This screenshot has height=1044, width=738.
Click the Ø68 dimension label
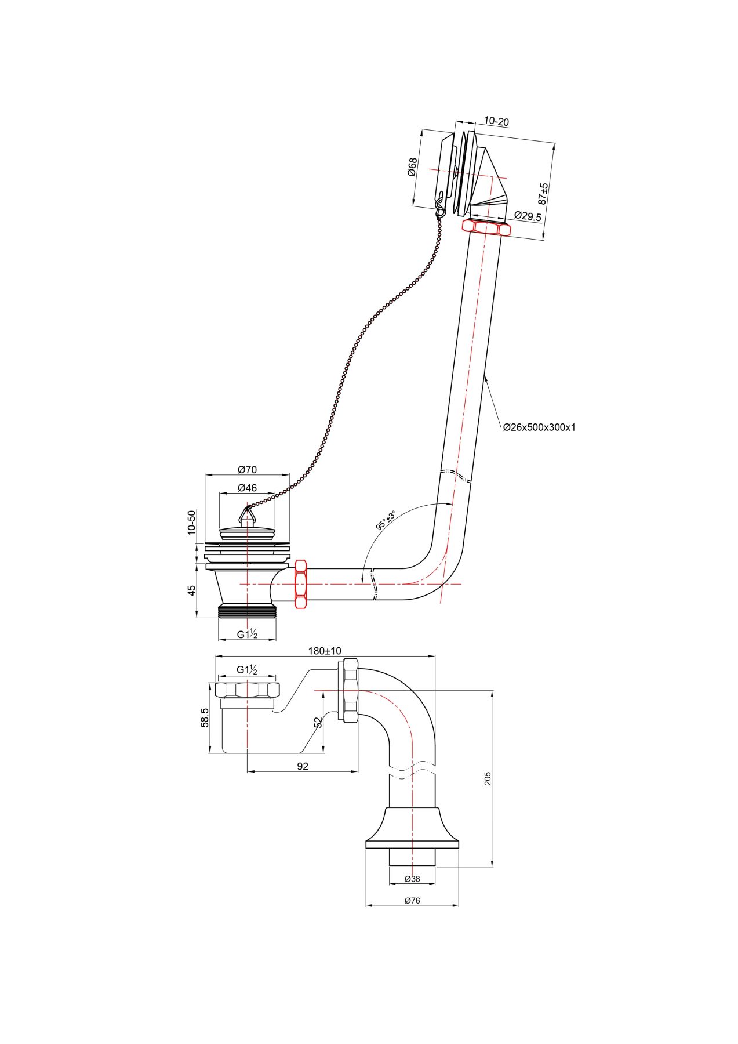tap(412, 168)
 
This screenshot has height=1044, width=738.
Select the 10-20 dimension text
tap(496, 122)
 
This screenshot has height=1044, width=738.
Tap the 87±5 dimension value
tap(543, 194)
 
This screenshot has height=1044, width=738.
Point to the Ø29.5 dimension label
tap(528, 216)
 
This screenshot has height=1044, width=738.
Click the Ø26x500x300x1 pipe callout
tap(539, 427)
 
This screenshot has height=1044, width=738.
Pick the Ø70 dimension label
tap(247, 470)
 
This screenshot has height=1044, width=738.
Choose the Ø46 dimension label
tap(247, 488)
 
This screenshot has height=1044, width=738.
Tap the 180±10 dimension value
tap(325, 651)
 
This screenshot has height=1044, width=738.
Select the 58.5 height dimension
tap(205, 718)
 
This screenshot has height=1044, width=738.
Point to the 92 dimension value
tap(303, 766)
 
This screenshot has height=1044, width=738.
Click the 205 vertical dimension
tap(488, 778)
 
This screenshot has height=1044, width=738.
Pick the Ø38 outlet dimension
tap(412, 879)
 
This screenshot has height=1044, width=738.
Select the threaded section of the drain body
tap(248, 611)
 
